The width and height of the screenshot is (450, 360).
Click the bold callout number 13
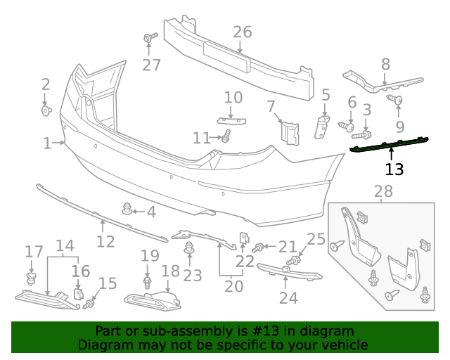394,169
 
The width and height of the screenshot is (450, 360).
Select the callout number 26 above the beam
242,32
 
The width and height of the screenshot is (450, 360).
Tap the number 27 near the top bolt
151,65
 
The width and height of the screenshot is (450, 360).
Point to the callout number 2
46,84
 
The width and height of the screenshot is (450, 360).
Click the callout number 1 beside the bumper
47,143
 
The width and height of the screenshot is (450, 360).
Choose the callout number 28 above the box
383,191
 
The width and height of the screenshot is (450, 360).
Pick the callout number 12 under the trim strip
105,242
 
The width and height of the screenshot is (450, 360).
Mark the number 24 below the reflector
288,298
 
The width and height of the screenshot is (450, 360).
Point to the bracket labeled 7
290,131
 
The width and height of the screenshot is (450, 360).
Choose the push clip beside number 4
127,209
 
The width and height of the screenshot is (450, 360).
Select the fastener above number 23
189,247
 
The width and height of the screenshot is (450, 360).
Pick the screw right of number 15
89,304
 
